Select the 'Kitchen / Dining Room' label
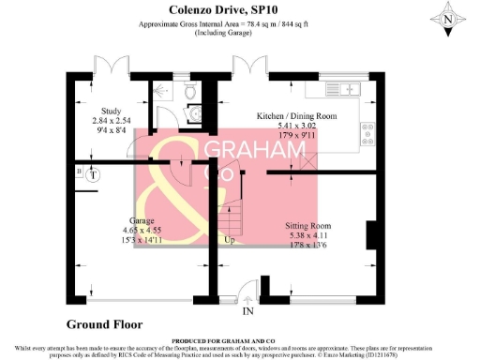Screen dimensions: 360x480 [x=296, y=117]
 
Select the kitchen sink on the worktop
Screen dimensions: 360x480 [x=352, y=89]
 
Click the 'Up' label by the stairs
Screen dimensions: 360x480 [x=228, y=240]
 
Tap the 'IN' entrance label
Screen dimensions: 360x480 [x=248, y=310]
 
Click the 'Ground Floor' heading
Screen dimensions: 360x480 [x=104, y=324]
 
